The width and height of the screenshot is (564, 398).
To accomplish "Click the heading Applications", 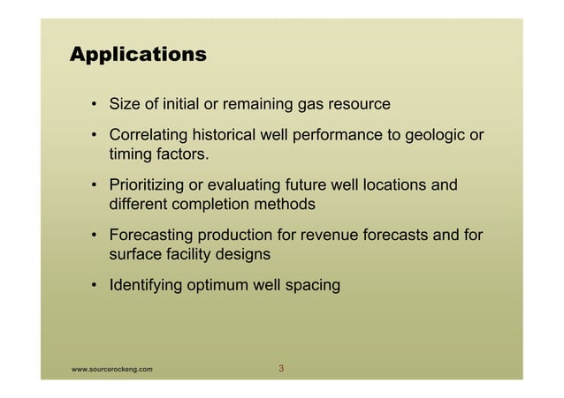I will pyautogui.click(x=138, y=55).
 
